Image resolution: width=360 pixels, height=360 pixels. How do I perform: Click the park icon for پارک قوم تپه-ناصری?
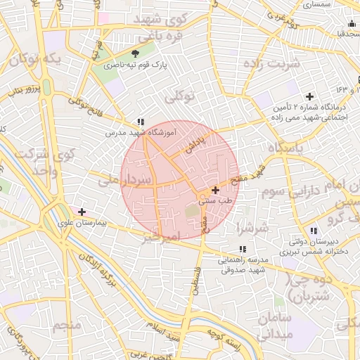click(x=135, y=53)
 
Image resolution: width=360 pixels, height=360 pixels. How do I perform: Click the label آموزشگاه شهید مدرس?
click(x=141, y=132)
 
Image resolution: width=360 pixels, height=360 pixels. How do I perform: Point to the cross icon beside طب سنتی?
click(x=214, y=190)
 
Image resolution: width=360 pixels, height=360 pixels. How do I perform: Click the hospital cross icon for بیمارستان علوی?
click(x=82, y=211)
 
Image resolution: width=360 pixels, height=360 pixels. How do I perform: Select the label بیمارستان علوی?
click(x=82, y=221)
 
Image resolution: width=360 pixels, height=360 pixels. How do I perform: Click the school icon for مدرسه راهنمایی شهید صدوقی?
click(x=243, y=249)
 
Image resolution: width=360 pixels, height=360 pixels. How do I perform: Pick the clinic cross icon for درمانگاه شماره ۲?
click(x=309, y=96)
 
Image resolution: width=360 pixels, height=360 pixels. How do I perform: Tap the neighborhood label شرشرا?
click(x=253, y=228)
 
